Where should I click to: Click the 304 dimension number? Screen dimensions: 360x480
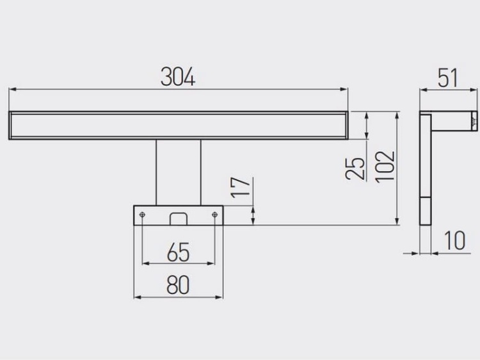(x=177, y=78)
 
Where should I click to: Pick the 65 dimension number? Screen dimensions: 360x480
(x=179, y=252)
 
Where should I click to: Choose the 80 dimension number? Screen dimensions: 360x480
(x=178, y=285)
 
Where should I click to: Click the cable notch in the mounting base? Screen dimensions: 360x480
(x=178, y=218)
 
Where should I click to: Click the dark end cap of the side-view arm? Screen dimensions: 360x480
(x=474, y=119)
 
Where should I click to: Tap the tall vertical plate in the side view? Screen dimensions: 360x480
(x=425, y=169)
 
